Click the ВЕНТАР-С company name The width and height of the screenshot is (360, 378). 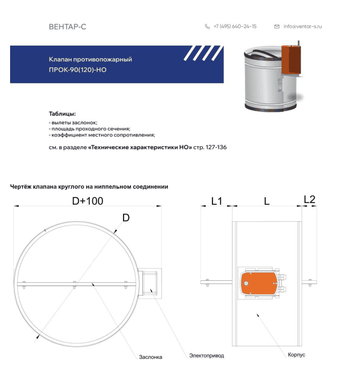(67, 26)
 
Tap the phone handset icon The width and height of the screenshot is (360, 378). (207, 26)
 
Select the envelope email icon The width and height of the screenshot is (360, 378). (277, 26)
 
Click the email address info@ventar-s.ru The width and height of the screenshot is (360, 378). (302, 26)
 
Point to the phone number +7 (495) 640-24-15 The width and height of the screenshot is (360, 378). (235, 26)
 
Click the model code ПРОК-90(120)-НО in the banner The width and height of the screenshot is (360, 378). (77, 70)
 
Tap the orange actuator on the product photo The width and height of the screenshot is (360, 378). (291, 60)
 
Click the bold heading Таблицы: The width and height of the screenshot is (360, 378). (62, 113)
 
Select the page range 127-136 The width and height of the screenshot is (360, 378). (216, 147)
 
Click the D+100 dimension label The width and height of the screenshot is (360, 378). (87, 201)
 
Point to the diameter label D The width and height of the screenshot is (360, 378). (126, 218)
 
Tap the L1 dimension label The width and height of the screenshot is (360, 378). (216, 201)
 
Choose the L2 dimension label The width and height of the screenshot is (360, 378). (310, 200)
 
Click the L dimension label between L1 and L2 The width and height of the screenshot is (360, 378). (266, 201)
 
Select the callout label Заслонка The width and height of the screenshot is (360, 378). (150, 357)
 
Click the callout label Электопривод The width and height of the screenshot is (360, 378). (207, 355)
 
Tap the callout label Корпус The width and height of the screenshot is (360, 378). (297, 354)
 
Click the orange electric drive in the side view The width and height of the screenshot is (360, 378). (259, 283)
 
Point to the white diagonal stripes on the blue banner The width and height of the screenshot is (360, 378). (204, 53)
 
